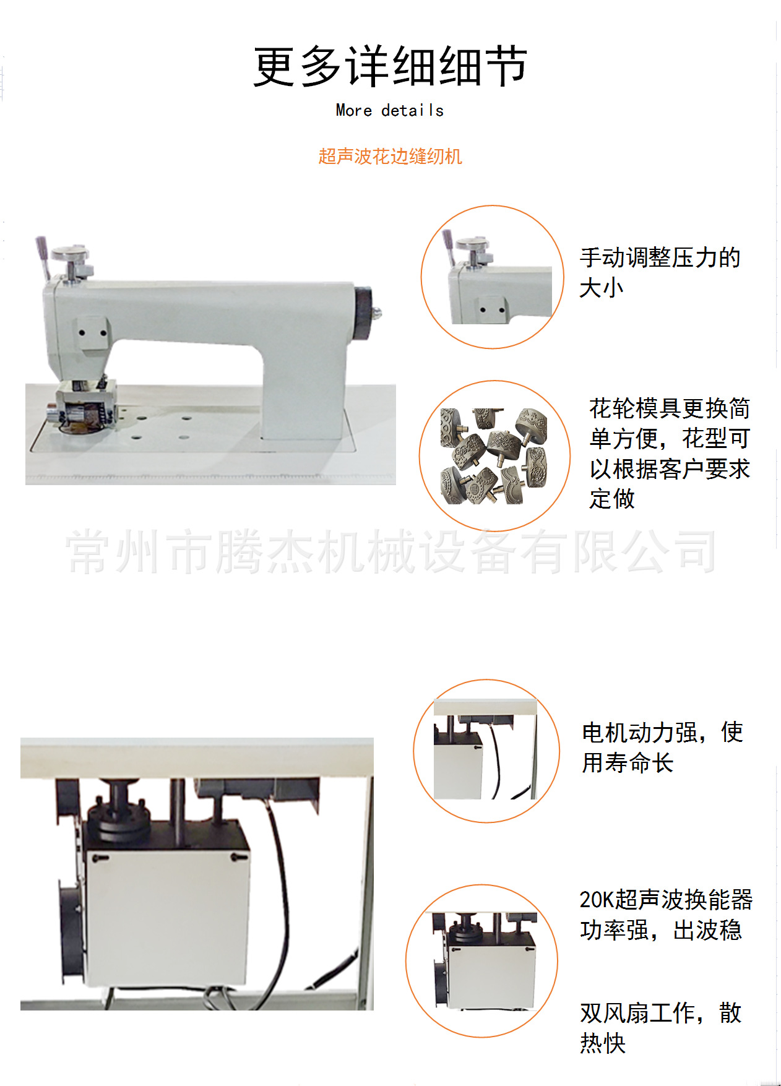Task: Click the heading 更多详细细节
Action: (390, 66)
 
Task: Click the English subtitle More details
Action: (390, 111)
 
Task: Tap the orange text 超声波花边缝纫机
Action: (390, 157)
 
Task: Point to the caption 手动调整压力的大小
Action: (659, 272)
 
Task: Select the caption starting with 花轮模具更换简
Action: (669, 454)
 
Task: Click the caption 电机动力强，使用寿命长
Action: (662, 748)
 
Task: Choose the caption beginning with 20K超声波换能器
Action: (665, 915)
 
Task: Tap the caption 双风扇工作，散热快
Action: (660, 1028)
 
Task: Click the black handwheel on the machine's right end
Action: (364, 313)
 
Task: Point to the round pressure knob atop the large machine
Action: (70, 254)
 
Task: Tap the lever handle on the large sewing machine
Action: (42, 255)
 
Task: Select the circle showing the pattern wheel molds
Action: (494, 456)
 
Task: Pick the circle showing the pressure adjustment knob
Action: (493, 277)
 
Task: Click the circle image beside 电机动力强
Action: (486, 751)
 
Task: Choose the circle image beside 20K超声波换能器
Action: (481, 960)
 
